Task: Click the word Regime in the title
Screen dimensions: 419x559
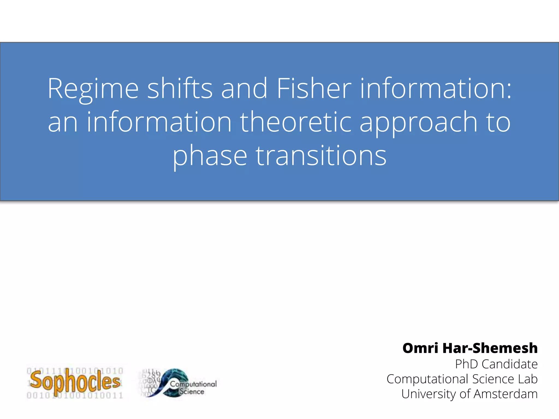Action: click(x=93, y=89)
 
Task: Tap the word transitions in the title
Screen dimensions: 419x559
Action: click(x=321, y=155)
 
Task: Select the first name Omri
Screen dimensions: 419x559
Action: click(x=420, y=348)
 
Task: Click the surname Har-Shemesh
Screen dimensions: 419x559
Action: click(x=490, y=348)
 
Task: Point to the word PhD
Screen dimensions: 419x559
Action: click(x=466, y=364)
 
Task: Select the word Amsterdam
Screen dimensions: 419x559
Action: click(x=506, y=394)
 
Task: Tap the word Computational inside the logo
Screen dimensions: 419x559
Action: click(x=193, y=384)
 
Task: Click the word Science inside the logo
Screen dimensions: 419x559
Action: click(x=192, y=392)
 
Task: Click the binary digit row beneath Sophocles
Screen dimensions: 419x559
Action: click(x=75, y=395)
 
